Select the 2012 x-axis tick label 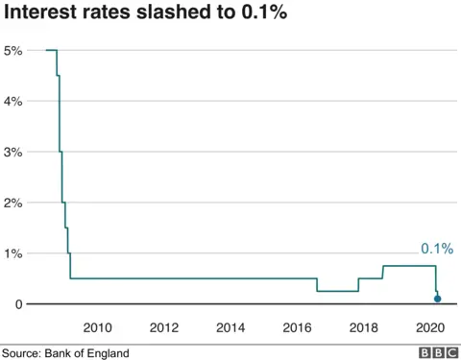[164, 327]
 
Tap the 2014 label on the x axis [230, 327]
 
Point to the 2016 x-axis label [297, 327]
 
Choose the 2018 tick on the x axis [363, 327]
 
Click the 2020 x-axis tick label [428, 327]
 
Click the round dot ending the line [438, 300]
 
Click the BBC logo [437, 352]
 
